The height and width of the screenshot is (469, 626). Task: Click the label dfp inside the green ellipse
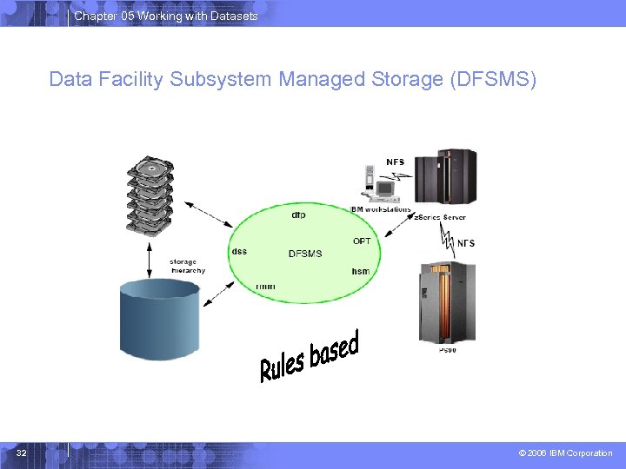click(297, 215)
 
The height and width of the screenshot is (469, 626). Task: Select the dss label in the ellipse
click(239, 252)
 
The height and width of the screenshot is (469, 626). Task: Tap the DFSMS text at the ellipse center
click(305, 254)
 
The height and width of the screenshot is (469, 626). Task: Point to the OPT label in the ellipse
click(362, 241)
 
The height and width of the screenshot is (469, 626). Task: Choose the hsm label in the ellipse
click(360, 272)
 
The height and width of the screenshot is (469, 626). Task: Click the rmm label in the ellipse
click(266, 286)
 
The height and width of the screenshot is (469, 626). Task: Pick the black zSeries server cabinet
click(445, 177)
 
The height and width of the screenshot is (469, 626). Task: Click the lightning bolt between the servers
click(447, 237)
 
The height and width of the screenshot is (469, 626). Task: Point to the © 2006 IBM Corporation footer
click(565, 453)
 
